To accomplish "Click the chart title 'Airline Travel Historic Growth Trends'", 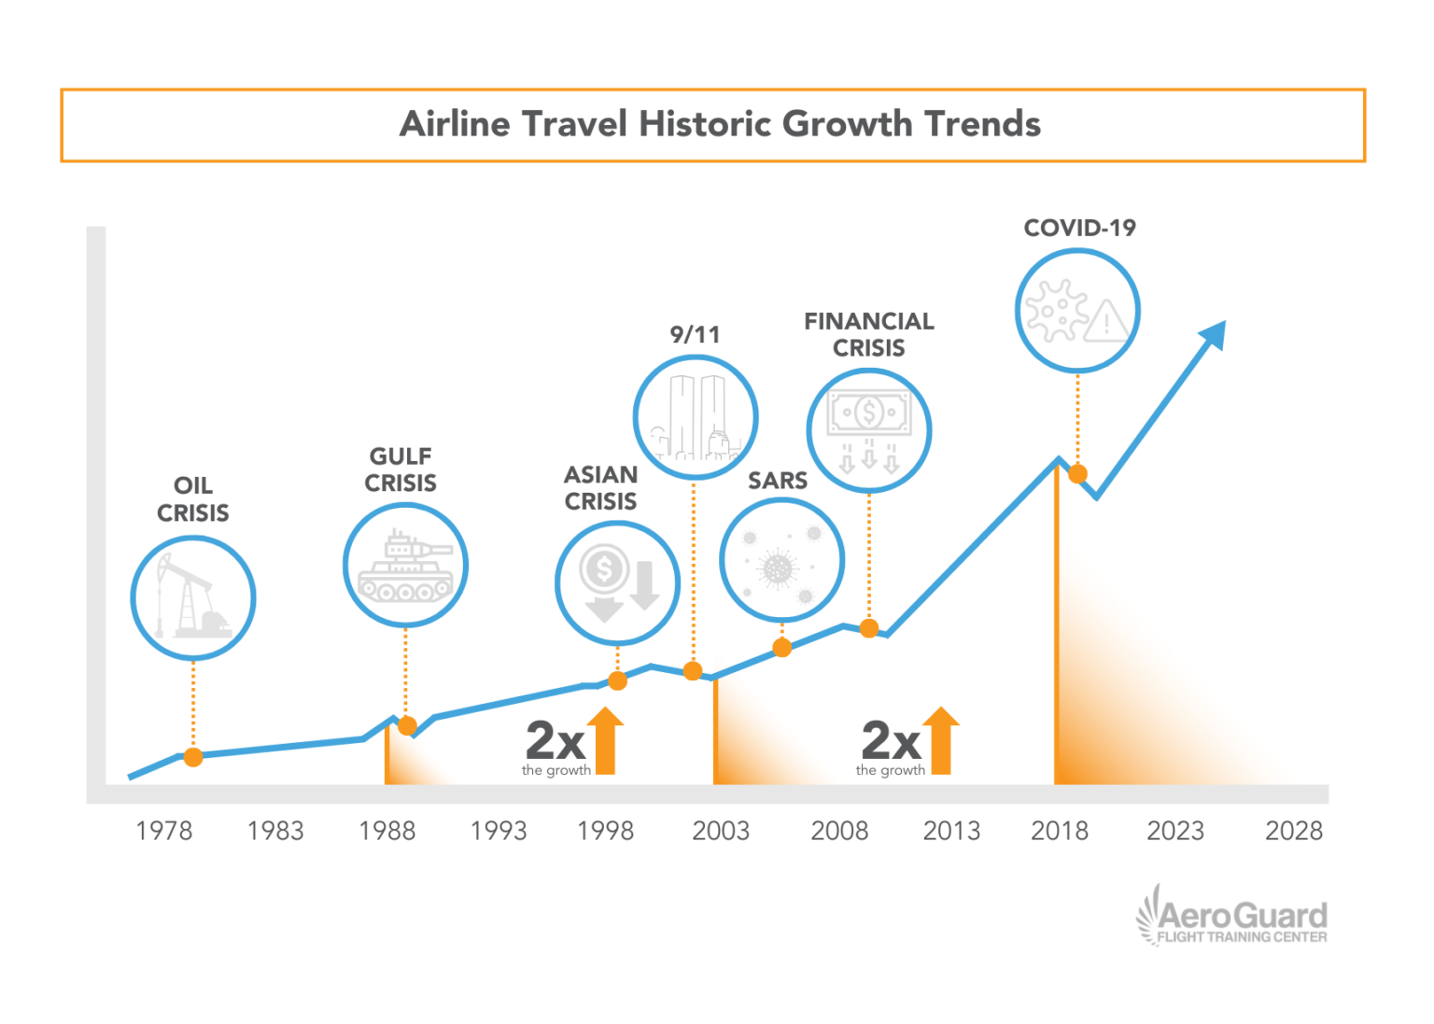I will (x=719, y=124).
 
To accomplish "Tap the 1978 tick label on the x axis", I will (x=163, y=831).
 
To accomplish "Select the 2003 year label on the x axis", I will (x=720, y=831).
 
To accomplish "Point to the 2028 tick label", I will (x=1293, y=831).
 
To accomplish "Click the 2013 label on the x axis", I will (x=951, y=831).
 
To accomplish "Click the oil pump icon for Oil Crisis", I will (x=193, y=597).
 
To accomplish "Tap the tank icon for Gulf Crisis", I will (x=405, y=566).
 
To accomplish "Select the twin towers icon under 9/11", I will (x=695, y=417).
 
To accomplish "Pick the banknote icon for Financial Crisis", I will (x=869, y=430).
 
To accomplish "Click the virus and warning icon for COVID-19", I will (x=1077, y=311).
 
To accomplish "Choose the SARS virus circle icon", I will (x=781, y=561).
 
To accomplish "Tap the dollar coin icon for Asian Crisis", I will (x=617, y=583).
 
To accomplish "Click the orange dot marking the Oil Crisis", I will (x=193, y=757).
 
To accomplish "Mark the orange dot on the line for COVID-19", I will (x=1077, y=474).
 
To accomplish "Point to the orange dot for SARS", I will (x=782, y=648).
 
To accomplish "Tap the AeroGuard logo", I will (x=1231, y=918).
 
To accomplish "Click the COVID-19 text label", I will (x=1079, y=228).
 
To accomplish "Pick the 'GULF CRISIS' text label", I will (x=401, y=470).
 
